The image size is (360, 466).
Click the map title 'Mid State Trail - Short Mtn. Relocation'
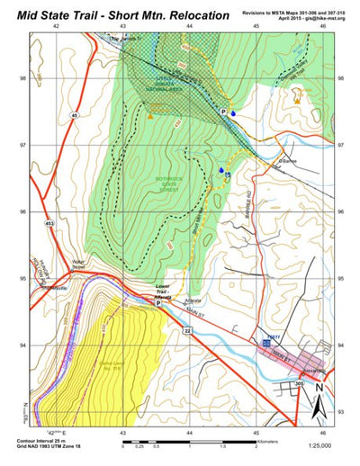[x=117, y=15]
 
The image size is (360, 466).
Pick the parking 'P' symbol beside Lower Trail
[x=160, y=304]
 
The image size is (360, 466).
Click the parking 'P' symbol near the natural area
[x=223, y=111]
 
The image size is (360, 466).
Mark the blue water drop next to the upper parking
[x=233, y=114]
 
